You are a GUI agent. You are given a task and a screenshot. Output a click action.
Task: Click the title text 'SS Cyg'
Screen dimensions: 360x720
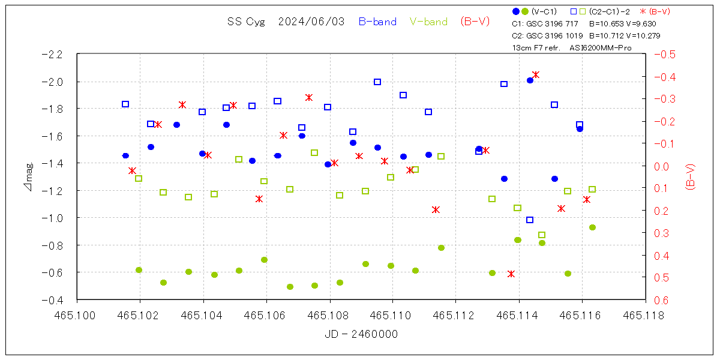coord(244,22)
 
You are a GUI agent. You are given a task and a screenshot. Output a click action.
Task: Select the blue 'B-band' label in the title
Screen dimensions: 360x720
coord(377,22)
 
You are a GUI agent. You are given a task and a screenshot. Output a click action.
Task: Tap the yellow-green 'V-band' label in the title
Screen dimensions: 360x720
coord(428,22)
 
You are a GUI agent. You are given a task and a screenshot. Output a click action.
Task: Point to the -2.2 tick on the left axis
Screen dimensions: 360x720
coord(52,54)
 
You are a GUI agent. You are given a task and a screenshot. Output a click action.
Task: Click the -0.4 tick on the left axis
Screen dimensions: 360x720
coord(52,299)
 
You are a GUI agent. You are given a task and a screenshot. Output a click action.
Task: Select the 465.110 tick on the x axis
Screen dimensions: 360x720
coord(392,314)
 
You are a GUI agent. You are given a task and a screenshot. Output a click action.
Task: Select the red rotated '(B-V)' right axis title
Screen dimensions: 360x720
coord(690,176)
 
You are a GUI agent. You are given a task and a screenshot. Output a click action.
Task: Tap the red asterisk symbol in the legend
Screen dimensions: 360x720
coord(643,11)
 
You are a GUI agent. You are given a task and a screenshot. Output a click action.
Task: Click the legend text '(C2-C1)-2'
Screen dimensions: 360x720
coord(609,11)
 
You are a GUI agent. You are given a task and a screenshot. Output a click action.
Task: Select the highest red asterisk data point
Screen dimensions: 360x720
coord(536,75)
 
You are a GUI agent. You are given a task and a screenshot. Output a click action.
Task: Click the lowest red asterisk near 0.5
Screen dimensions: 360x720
coord(511,274)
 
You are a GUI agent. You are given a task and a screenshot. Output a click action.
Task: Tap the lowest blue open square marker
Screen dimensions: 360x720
coord(530,220)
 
